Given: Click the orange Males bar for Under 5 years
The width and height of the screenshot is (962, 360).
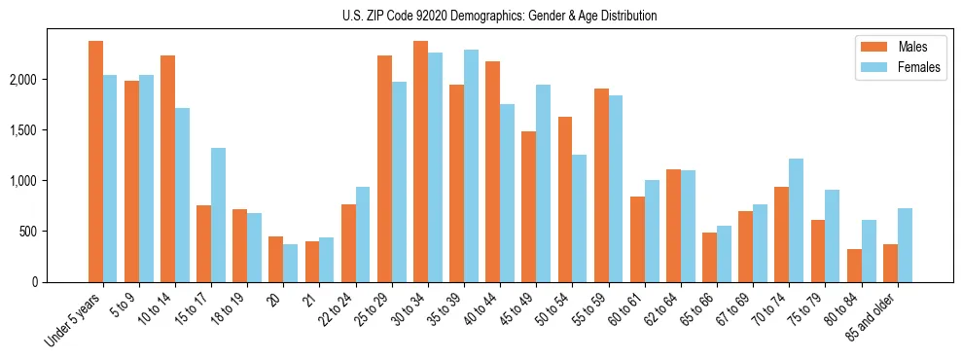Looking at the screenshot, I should tap(95, 162).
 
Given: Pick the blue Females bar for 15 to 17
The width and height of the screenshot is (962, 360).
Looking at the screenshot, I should tap(219, 215).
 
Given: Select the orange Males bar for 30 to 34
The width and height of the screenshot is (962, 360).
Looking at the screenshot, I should tap(420, 162).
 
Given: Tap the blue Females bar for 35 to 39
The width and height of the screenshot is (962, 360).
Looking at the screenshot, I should tap(471, 165).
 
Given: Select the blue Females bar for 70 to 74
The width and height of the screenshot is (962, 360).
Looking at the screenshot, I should tap(796, 220).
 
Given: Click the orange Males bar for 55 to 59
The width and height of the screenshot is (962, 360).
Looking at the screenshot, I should tap(601, 185).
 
